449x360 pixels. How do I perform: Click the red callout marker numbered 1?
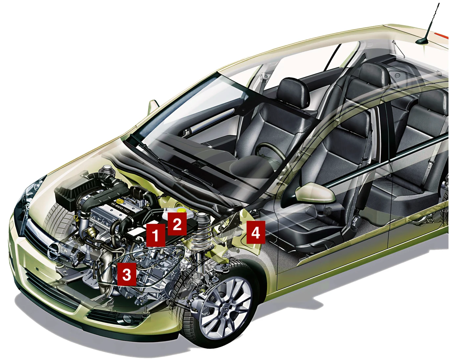coord(156,235)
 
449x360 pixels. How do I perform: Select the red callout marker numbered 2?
coord(177,224)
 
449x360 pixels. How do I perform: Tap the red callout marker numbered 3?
coord(127,274)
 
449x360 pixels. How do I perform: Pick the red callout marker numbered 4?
coord(256,232)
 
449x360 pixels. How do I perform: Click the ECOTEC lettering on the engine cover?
coord(122,208)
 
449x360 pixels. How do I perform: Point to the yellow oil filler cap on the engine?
coord(120,201)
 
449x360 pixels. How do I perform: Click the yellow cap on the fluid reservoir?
coord(181,210)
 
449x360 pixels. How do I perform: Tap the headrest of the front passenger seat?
coord(293,93)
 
